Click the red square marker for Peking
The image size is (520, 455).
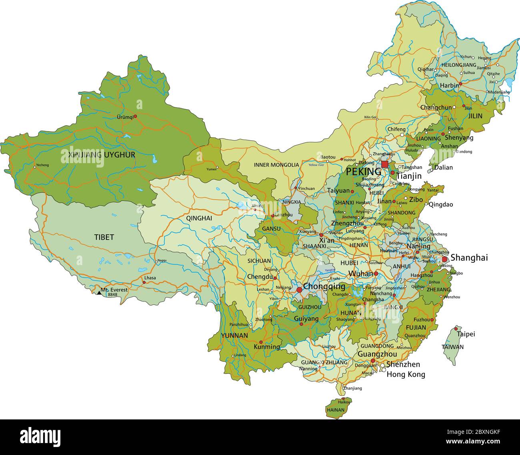click(384, 164)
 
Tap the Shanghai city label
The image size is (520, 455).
click(469, 258)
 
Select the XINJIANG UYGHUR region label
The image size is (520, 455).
click(102, 155)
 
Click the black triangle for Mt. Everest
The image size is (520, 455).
click(99, 293)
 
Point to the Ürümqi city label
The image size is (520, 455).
click(124, 117)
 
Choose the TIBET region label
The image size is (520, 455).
click(104, 237)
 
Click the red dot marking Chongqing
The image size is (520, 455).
click(299, 289)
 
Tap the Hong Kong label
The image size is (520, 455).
click(406, 375)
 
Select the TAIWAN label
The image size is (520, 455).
click(452, 347)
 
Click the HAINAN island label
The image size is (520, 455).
click(335, 410)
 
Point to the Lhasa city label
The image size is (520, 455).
click(150, 277)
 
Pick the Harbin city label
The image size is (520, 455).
click(448, 86)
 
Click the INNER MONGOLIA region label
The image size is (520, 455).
click(276, 165)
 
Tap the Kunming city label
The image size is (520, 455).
click(267, 347)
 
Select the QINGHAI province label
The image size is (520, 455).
click(199, 218)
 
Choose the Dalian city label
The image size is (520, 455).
click(444, 167)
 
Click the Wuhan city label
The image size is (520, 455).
click(360, 274)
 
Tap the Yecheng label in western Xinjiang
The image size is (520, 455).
click(42, 165)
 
